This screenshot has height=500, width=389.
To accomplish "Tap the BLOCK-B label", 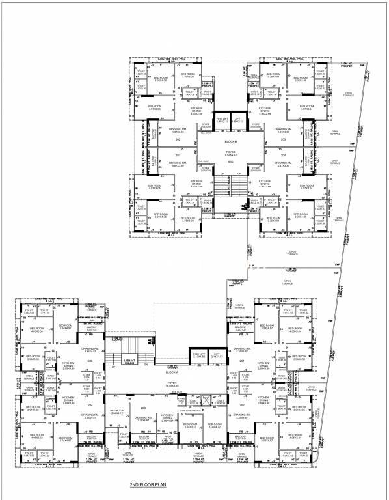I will (229, 141).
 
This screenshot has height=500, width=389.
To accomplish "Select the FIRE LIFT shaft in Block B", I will (222, 120).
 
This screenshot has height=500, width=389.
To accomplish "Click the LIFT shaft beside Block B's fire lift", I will (237, 120).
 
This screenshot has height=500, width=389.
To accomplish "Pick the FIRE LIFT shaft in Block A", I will (180, 355).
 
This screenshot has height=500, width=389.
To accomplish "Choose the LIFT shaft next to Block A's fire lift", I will (198, 355).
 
